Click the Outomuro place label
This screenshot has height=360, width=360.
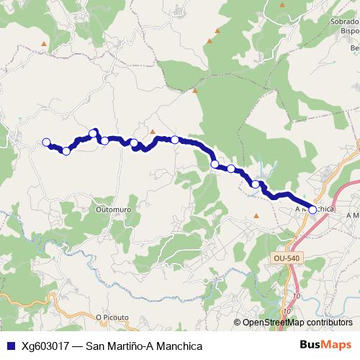[x=111, y=210]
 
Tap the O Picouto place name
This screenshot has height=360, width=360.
[x=112, y=315]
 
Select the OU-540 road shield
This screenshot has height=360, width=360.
[x=286, y=258]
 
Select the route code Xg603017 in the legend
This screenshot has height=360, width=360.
[x=46, y=346]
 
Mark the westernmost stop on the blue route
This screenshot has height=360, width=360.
[x=47, y=142]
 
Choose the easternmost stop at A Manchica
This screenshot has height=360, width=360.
[x=312, y=210]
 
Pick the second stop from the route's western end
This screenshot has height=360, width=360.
[x=66, y=150]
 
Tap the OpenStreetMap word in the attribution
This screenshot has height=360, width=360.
[x=274, y=323]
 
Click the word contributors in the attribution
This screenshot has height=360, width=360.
[x=329, y=323]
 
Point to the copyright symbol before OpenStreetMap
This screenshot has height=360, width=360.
[x=238, y=323]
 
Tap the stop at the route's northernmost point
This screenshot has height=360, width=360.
[x=94, y=132]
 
